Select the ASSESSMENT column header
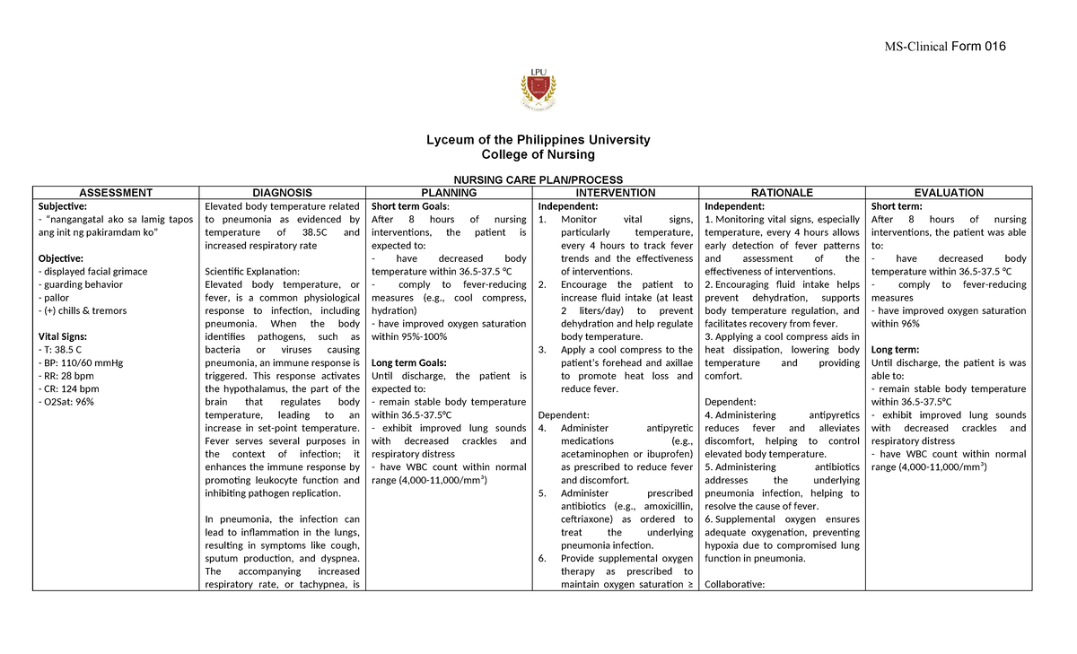(x=115, y=193)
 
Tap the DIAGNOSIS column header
(x=282, y=193)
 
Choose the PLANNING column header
(x=449, y=193)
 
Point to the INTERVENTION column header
(x=616, y=193)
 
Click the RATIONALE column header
(x=783, y=193)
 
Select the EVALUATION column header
(x=949, y=193)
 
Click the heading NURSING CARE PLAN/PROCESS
(x=538, y=179)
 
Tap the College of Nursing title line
(x=538, y=155)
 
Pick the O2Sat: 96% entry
(x=65, y=402)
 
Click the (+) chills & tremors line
(x=82, y=310)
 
